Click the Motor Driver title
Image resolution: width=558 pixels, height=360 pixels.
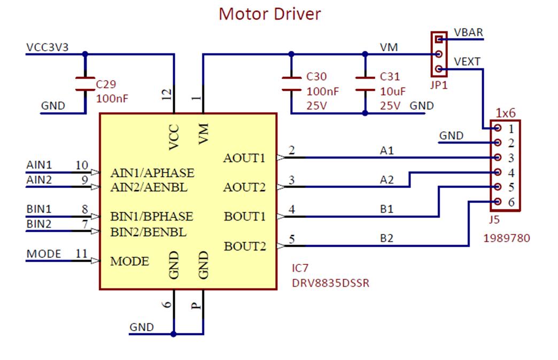click(x=270, y=14)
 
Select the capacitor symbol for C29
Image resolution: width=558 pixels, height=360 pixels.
click(x=85, y=84)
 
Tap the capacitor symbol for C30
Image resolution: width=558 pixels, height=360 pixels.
click(x=291, y=84)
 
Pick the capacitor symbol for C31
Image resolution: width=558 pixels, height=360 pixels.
click(x=365, y=84)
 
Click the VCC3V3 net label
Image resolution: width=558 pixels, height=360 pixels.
click(x=48, y=48)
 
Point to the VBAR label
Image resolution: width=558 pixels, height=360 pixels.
click(x=468, y=33)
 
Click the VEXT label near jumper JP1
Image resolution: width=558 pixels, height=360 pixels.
click(x=467, y=62)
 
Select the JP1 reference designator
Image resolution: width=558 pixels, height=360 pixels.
click(x=439, y=85)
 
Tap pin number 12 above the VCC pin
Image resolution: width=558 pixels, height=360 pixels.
click(x=167, y=94)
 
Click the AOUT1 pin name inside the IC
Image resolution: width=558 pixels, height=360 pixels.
click(x=244, y=158)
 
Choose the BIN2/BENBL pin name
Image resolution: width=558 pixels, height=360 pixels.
click(x=149, y=232)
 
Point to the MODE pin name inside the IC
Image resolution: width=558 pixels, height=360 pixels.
click(x=129, y=261)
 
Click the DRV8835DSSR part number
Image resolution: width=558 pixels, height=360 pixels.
click(x=331, y=283)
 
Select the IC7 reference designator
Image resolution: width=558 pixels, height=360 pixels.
click(x=300, y=268)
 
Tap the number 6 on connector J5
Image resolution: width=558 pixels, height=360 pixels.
click(x=511, y=202)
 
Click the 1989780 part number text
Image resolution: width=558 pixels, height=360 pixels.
click(x=507, y=238)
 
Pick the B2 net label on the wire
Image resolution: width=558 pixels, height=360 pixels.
click(x=386, y=238)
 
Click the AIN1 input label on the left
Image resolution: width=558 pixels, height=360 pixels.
click(x=39, y=165)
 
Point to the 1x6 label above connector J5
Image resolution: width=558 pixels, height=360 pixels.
click(x=506, y=113)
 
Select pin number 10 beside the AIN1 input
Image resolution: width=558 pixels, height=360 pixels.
click(x=81, y=165)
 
